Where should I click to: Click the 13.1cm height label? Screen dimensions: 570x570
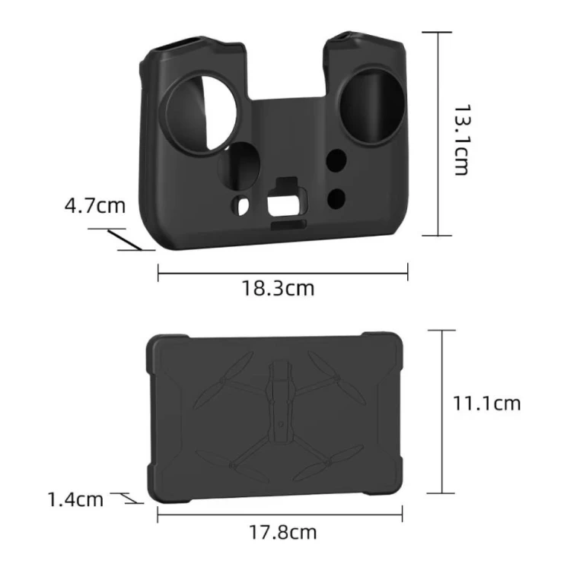(x=462, y=140)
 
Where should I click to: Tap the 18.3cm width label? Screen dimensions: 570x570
(x=278, y=288)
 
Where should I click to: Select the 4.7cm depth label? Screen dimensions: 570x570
(x=94, y=205)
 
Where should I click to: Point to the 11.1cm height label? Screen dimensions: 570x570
(x=486, y=404)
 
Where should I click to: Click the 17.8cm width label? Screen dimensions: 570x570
(x=283, y=533)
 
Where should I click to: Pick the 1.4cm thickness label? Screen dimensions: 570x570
(x=75, y=499)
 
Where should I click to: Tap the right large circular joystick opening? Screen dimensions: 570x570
(x=371, y=105)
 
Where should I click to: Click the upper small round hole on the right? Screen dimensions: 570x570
(x=336, y=161)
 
